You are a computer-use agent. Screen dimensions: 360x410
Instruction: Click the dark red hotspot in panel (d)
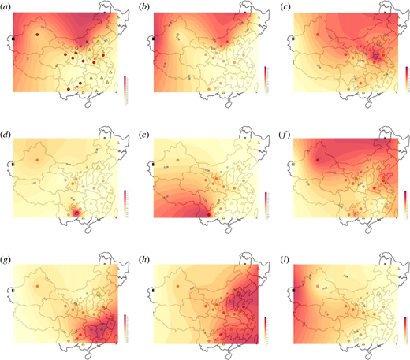(76, 212)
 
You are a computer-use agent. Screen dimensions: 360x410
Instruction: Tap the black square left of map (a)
(13, 39)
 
